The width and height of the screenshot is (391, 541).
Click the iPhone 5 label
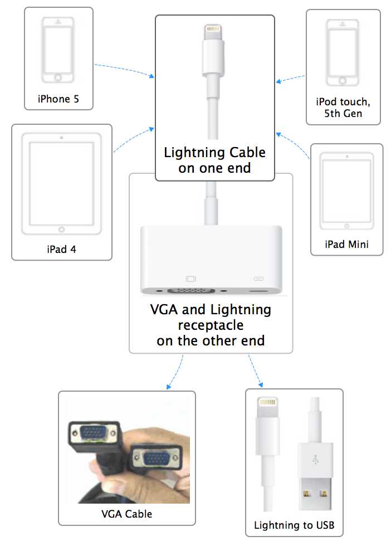click(x=58, y=99)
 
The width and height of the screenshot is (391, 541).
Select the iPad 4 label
click(x=61, y=248)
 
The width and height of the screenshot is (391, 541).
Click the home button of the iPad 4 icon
click(x=61, y=229)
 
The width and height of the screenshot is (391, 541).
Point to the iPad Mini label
click(x=346, y=244)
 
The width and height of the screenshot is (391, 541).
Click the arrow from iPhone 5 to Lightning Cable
click(x=125, y=70)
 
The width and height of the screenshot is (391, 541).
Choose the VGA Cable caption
click(x=126, y=514)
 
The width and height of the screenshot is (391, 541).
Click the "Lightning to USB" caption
click(x=294, y=525)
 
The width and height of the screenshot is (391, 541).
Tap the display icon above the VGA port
click(x=191, y=278)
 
